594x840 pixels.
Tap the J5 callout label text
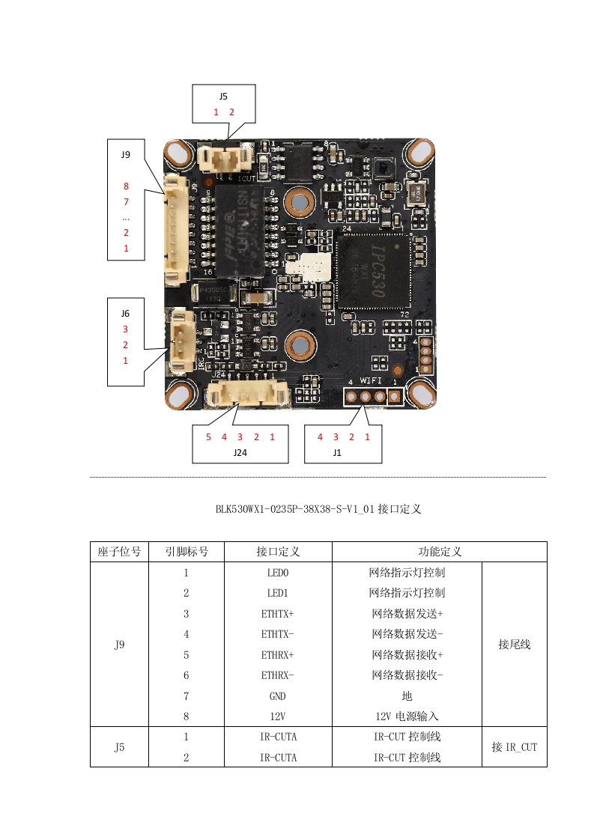coord(223,97)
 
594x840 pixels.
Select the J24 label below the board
coord(240,452)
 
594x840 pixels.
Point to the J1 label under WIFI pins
coord(337,452)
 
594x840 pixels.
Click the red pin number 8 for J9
coord(126,186)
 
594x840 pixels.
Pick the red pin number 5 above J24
coord(208,436)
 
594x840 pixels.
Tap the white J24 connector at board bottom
coord(247,394)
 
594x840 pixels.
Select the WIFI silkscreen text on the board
coord(372,380)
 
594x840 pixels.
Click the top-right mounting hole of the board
coord(419,153)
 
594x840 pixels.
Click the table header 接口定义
coord(278,552)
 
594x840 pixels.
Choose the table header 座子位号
coord(119,552)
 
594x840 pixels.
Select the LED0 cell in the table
coord(277,573)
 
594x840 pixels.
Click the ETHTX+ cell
coord(277,614)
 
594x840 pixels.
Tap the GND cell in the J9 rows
coord(277,696)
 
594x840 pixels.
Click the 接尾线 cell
coord(514,645)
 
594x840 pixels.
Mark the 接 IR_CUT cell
coord(514,747)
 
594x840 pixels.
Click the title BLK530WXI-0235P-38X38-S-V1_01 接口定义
coord(318,509)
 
